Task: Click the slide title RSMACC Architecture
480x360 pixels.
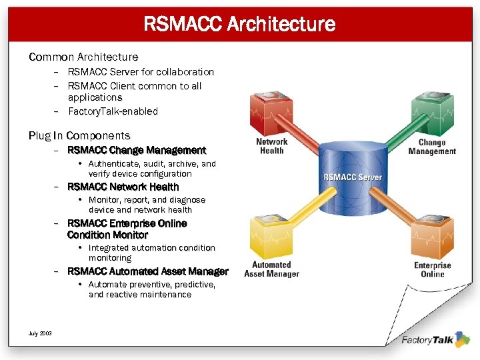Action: point(239,25)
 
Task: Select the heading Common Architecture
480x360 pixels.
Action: point(83,57)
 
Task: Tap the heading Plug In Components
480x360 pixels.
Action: point(79,136)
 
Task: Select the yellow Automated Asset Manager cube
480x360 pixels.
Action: point(270,237)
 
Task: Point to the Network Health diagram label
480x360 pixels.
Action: point(272,146)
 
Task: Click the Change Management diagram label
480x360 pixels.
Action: point(432,147)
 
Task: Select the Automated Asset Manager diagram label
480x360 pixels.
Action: point(271,269)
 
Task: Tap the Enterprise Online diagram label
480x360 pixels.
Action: point(433,269)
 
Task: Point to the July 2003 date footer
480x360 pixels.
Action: point(41,333)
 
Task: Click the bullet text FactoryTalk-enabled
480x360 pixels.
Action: point(113,111)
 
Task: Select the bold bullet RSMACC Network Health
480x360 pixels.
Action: point(123,187)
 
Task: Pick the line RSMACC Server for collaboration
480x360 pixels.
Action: point(141,72)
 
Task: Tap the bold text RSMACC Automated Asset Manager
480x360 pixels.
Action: point(148,271)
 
